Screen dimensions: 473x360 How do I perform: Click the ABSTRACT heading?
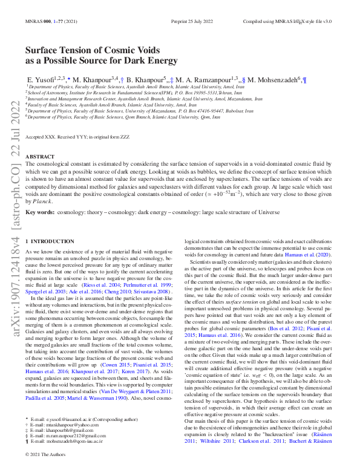(39, 157)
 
